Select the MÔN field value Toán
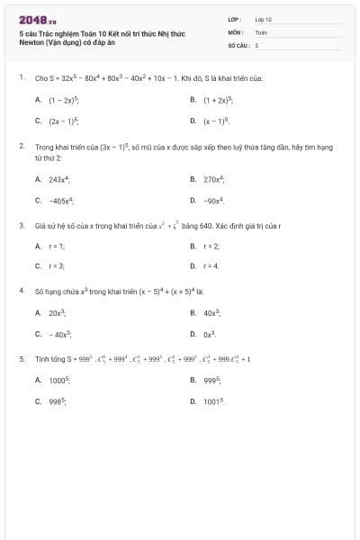(261, 31)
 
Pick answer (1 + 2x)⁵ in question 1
(220, 100)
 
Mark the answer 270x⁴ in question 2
(214, 179)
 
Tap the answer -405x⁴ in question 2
(62, 199)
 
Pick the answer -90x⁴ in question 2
(214, 199)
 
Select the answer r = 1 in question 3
(57, 246)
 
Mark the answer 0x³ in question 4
(211, 332)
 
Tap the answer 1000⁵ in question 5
(60, 379)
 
